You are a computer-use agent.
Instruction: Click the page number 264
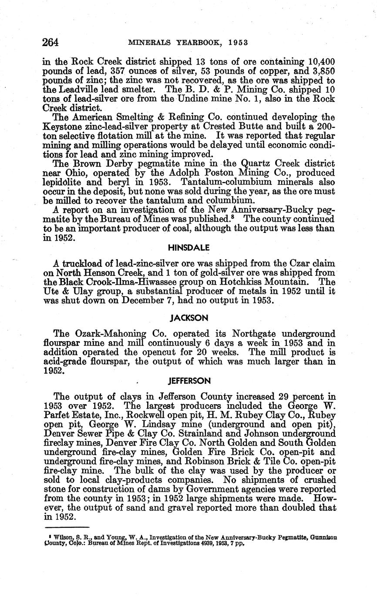pos(50,42)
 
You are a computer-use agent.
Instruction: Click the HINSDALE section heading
pos(188,248)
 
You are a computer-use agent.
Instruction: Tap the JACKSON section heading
pos(188,318)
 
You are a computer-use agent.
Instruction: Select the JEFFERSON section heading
pos(189,381)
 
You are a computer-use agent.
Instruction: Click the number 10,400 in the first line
pos(321,62)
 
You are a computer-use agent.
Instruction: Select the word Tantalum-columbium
pos(219,182)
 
